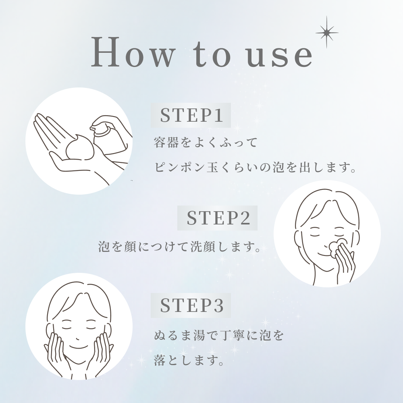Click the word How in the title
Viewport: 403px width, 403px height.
132,52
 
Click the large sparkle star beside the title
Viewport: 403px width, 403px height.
327,32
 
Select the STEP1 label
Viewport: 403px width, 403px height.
191,115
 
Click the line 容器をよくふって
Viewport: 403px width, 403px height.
206,143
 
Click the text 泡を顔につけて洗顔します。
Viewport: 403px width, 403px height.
179,247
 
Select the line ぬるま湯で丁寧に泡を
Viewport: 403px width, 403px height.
218,336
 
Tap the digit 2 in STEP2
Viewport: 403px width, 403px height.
245,218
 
